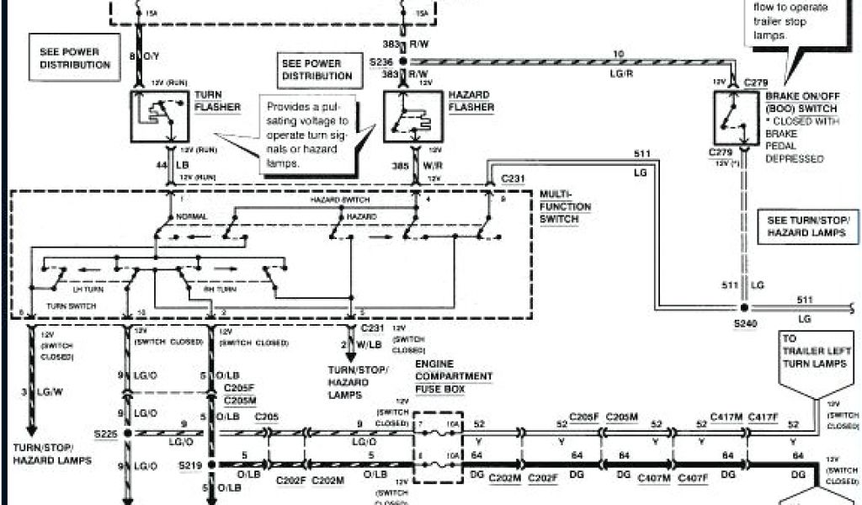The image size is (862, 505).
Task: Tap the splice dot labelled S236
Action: coord(402,63)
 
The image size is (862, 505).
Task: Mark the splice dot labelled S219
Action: coord(210,464)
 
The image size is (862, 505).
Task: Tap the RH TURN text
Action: coord(221,289)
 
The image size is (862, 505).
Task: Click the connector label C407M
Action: coord(653,478)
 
